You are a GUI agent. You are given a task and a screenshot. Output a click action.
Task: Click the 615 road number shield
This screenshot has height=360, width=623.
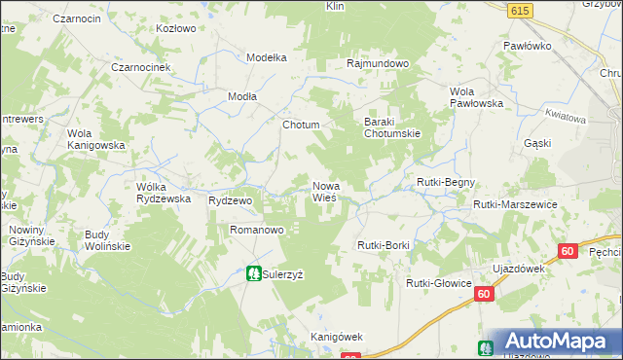[x=519, y=10]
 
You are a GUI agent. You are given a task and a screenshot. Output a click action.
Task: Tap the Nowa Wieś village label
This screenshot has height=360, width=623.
[x=325, y=192]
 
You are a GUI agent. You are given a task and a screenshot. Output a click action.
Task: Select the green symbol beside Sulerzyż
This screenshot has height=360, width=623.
[x=253, y=274]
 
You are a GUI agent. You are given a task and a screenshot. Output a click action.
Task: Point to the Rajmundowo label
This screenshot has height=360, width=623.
[x=378, y=63]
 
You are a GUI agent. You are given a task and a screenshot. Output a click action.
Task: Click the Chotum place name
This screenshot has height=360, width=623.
[x=300, y=126]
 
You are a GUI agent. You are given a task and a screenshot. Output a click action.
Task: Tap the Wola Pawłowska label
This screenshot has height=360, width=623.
[x=475, y=97]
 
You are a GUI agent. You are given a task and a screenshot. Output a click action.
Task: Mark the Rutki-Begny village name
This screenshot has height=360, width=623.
[x=445, y=182]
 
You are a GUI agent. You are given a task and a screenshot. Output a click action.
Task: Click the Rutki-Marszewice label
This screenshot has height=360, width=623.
[x=514, y=205]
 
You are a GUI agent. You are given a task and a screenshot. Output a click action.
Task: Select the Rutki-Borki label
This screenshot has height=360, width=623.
[x=384, y=245]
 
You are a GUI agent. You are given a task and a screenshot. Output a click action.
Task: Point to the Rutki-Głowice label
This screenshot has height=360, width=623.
[x=438, y=283]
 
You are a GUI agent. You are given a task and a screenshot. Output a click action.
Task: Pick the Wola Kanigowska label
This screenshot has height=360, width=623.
[x=96, y=139]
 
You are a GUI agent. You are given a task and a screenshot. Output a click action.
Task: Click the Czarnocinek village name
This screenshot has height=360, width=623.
[x=141, y=66]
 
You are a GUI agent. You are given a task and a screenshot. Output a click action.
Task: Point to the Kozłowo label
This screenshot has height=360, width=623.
[x=176, y=28]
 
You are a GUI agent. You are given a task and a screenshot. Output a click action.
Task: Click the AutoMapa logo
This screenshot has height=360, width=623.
[x=556, y=342]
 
